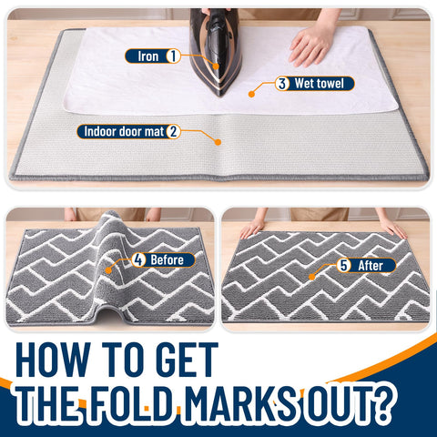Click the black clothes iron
click(x=215, y=48)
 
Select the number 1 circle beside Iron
click(x=173, y=56)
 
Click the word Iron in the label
click(x=148, y=56)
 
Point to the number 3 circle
click(x=282, y=84)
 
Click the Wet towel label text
click(x=320, y=84)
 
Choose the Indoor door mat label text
click(x=124, y=131)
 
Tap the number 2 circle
click(x=173, y=131)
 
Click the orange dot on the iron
click(x=216, y=66)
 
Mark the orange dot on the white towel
click(x=251, y=94)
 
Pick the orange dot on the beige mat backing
click(x=218, y=142)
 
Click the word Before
click(x=167, y=260)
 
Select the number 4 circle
click(x=138, y=260)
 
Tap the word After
click(x=371, y=266)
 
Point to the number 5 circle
click(x=343, y=266)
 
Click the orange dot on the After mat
click(x=311, y=277)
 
